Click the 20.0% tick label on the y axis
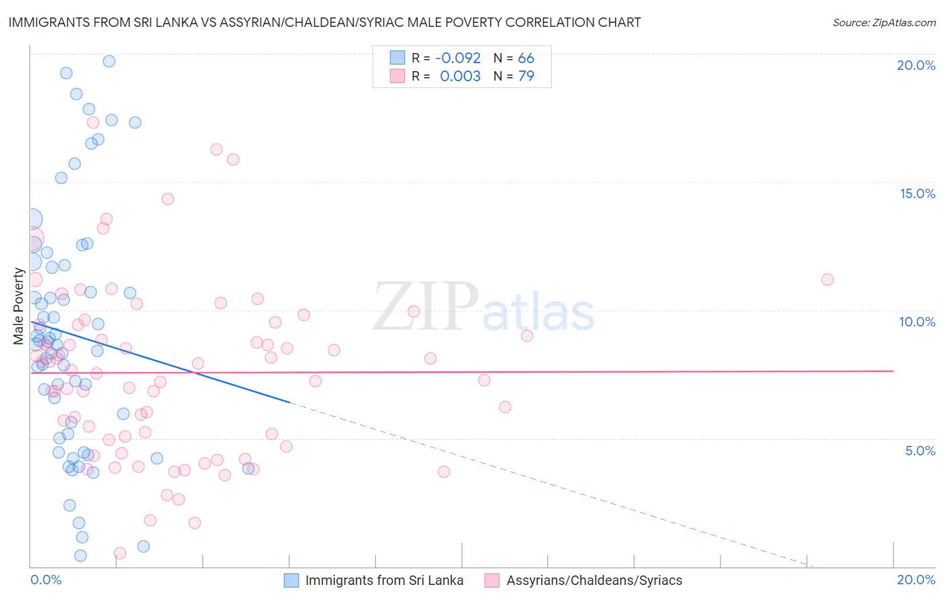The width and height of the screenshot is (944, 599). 916,65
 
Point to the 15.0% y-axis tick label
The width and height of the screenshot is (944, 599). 917,193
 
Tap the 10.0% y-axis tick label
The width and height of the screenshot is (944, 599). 917,322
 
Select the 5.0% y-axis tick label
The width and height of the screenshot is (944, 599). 920,451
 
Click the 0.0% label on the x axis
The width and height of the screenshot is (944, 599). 46,580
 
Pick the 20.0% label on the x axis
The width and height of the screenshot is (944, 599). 916,580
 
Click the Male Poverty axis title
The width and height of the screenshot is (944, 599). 19,306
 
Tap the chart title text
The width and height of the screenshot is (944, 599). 324,22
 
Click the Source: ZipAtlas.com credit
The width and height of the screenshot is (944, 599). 884,22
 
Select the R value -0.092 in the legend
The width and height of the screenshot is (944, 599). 458,58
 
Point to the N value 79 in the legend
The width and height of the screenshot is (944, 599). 526,76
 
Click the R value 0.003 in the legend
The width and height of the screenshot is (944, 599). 460,76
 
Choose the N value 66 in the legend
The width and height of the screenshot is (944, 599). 526,58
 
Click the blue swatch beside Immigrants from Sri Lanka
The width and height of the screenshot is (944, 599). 291,580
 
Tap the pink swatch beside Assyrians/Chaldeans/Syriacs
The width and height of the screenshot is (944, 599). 492,580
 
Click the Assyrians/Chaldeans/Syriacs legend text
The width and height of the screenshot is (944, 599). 594,580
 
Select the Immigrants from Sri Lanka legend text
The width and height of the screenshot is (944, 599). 384,580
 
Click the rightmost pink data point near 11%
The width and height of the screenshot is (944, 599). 827,279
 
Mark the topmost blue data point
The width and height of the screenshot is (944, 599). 109,61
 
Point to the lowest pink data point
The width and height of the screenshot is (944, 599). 120,553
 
